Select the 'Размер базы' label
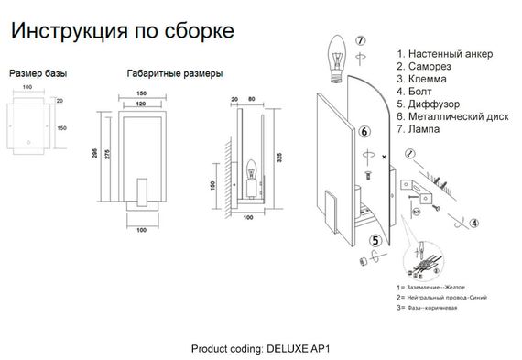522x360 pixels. click(x=38, y=71)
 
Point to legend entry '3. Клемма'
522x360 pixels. click(x=427, y=80)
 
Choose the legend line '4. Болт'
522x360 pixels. click(x=419, y=93)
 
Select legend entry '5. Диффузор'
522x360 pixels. click(x=432, y=104)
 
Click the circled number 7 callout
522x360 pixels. click(x=362, y=40)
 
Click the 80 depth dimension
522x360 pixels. click(x=250, y=98)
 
